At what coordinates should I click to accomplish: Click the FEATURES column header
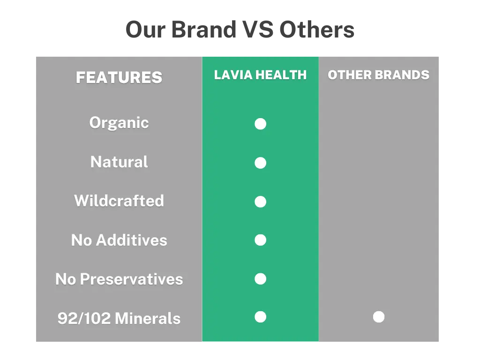point(119,77)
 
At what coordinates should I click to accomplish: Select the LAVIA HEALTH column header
point(260,75)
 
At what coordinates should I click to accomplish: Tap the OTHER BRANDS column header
point(378,75)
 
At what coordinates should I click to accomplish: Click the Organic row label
point(119,123)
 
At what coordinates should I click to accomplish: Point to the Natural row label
point(119,162)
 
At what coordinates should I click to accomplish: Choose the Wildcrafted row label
point(119,201)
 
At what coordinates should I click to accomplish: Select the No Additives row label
point(119,240)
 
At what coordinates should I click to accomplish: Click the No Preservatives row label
point(119,279)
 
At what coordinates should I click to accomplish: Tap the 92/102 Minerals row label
point(119,319)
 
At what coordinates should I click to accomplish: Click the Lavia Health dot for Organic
point(260,124)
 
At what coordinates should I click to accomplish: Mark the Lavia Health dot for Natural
point(260,163)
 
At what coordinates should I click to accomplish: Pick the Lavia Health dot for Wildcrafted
point(260,202)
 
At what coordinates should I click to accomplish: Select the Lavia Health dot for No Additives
point(260,240)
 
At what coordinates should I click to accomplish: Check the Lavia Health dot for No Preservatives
point(260,279)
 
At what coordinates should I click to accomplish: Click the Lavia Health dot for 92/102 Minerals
point(260,317)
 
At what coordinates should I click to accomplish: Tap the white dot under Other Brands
point(379,317)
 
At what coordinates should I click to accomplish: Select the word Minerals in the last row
point(148,319)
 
